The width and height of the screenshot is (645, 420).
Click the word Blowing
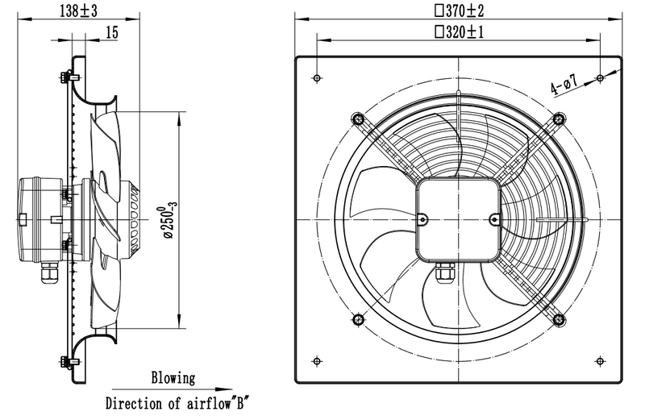tap(173, 377)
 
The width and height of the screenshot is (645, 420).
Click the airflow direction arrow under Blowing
tap(173, 389)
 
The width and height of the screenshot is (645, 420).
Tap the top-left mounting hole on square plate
tap(316, 77)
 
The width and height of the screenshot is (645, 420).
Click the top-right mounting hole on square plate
tap(600, 77)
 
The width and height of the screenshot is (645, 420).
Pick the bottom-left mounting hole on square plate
tap(316, 360)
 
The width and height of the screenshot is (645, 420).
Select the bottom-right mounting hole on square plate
tap(600, 360)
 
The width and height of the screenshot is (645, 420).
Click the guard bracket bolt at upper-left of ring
tap(357, 119)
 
